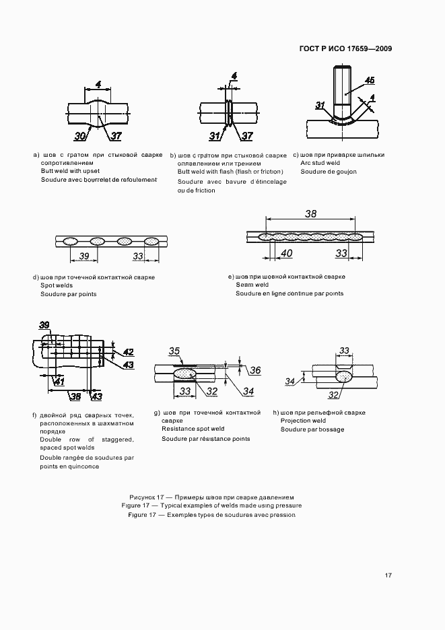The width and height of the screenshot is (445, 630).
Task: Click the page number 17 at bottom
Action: pyautogui.click(x=388, y=575)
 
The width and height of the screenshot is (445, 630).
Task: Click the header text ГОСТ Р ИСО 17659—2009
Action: pyautogui.click(x=345, y=49)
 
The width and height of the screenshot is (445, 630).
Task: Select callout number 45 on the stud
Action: pyautogui.click(x=370, y=81)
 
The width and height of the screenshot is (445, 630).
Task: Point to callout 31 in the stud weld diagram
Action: pyautogui.click(x=320, y=104)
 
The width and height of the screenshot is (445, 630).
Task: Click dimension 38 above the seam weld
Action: pyautogui.click(x=310, y=214)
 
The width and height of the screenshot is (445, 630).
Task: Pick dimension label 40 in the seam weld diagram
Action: pyautogui.click(x=286, y=254)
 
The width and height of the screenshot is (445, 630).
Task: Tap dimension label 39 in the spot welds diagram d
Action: pyautogui.click(x=84, y=256)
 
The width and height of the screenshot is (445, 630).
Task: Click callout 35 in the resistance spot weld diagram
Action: pyautogui.click(x=174, y=351)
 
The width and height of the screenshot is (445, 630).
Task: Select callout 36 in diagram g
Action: pyautogui.click(x=255, y=370)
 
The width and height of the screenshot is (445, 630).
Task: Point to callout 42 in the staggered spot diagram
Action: pyautogui.click(x=129, y=351)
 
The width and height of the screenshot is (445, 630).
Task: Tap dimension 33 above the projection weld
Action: pyautogui.click(x=344, y=351)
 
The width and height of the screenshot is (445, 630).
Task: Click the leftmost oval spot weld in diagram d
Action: pyautogui.click(x=70, y=241)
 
